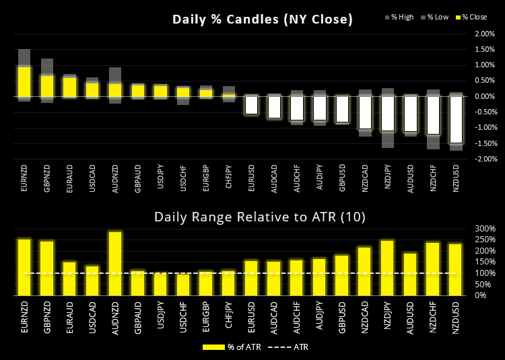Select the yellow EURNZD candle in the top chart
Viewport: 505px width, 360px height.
pos(24,81)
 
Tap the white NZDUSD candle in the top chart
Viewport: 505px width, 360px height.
pos(457,119)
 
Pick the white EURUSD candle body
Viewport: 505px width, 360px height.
pos(251,105)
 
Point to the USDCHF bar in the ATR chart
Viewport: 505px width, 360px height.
pos(183,285)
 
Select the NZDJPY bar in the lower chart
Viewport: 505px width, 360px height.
pos(388,268)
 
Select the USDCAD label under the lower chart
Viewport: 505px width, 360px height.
pos(92,318)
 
